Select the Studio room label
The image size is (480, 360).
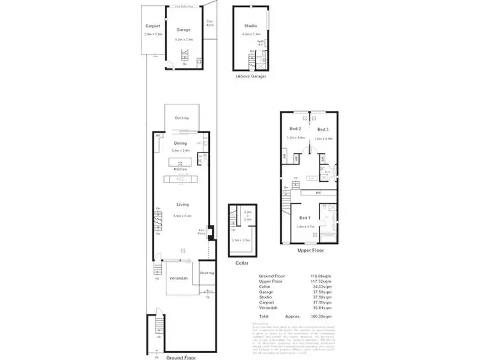250,26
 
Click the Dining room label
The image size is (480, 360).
180,143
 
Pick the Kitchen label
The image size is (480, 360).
180,169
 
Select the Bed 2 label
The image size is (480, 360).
295,129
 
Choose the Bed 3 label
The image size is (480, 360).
323,129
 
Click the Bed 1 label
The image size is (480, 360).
305,218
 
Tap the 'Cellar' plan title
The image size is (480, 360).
241,263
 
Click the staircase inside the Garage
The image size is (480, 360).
186,54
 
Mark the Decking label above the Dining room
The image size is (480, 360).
181,119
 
